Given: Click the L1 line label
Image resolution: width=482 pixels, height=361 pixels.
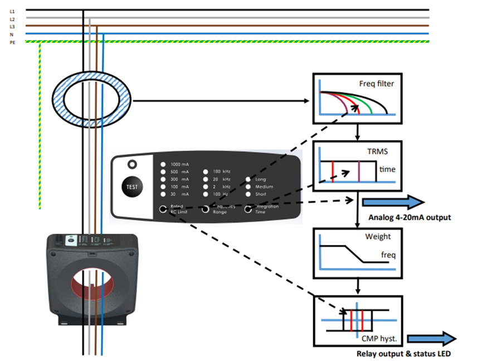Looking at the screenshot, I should click(12, 11).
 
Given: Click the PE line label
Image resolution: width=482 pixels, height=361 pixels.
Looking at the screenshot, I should click(12, 42).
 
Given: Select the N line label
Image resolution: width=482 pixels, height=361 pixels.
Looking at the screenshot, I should click(12, 34).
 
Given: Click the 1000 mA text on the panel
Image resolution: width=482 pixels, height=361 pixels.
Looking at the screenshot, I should click(179, 165).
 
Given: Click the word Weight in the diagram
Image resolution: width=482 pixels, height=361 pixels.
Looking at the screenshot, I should click(377, 237).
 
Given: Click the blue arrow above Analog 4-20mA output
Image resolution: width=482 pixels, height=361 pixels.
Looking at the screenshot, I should click(393, 203).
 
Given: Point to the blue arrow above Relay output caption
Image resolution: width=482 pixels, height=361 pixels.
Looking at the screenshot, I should click(432, 339).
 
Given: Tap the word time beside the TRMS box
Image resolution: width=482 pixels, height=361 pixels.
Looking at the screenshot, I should click(387, 169).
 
